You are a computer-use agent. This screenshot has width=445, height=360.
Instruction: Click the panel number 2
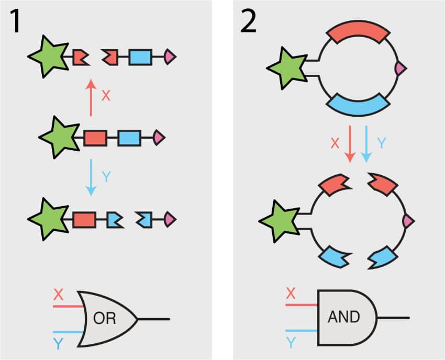click(248, 22)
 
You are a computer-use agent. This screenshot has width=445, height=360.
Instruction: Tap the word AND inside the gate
click(343, 317)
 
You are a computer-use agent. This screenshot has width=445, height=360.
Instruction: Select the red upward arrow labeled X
click(91, 97)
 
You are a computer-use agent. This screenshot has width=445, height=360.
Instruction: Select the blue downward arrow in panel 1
click(91, 177)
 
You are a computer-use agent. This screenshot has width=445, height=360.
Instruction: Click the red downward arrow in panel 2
click(350, 143)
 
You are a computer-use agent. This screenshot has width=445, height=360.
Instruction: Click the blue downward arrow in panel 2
click(366, 143)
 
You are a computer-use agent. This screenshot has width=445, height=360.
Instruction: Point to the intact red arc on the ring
click(358, 33)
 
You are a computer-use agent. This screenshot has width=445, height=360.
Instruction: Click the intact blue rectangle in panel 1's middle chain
click(129, 138)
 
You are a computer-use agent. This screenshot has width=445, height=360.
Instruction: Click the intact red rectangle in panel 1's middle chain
click(95, 138)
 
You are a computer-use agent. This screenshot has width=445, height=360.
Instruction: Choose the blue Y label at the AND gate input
click(292, 343)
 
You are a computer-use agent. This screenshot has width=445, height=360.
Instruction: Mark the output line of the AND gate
click(393, 317)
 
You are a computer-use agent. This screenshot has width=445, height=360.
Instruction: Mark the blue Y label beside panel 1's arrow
click(106, 177)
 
